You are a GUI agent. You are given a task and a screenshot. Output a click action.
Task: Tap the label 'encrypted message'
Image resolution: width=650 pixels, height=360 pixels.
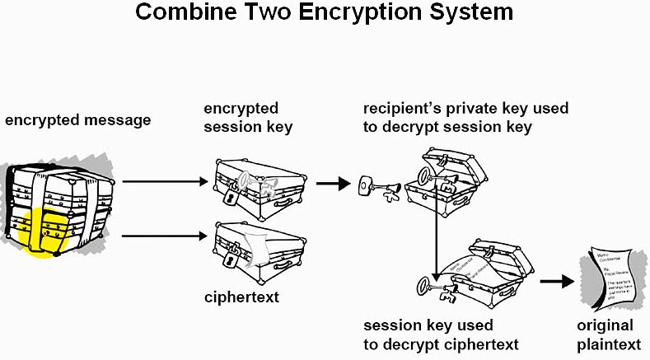click(78, 120)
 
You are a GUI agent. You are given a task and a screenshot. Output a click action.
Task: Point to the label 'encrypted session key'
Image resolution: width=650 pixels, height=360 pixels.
click(248, 118)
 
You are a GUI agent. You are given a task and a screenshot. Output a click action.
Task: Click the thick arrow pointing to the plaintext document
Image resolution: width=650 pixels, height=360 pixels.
click(557, 281)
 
